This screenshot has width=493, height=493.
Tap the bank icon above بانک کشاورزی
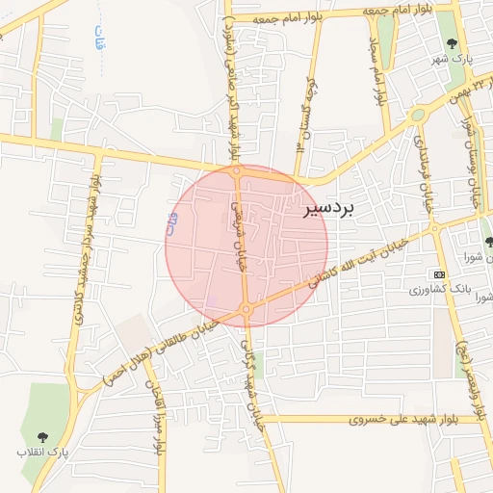(x=440, y=274)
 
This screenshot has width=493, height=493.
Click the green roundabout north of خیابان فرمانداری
(x=417, y=115)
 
